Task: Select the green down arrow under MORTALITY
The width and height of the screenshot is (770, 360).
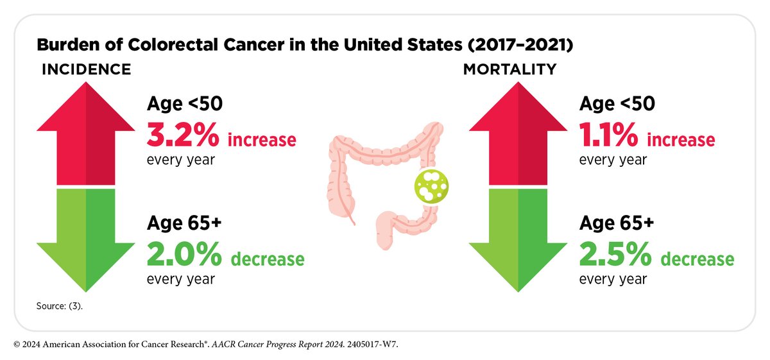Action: click(x=517, y=237)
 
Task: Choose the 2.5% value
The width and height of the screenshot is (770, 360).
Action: click(x=615, y=255)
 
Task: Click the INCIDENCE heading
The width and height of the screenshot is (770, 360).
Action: click(x=86, y=69)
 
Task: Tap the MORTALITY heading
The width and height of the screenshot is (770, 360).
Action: click(x=510, y=69)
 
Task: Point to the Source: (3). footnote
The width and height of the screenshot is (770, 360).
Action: click(x=59, y=306)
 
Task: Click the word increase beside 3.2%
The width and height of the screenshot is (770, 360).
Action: click(x=262, y=139)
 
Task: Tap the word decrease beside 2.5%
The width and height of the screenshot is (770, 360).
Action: click(x=697, y=259)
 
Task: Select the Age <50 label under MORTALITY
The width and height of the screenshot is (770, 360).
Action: click(x=617, y=104)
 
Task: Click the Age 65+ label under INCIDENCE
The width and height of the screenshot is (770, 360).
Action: click(x=184, y=223)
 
